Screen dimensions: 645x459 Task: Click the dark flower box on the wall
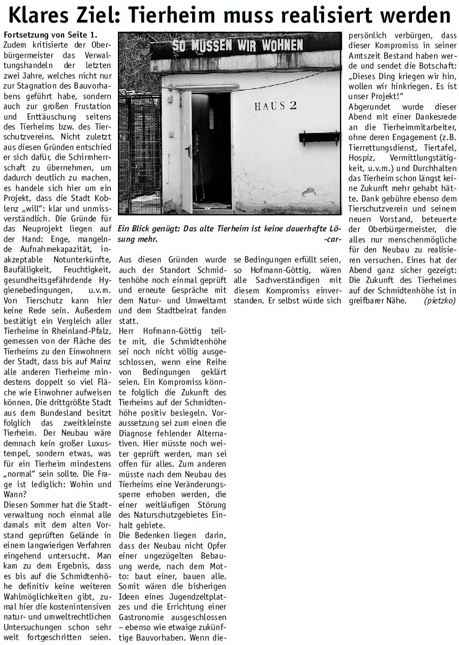[x=319, y=137]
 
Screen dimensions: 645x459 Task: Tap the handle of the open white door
[x=188, y=151]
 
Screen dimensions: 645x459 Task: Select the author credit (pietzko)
[x=440, y=301]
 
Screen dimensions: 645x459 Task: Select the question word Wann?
[x=15, y=495]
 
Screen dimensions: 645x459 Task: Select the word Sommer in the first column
[x=47, y=505]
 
